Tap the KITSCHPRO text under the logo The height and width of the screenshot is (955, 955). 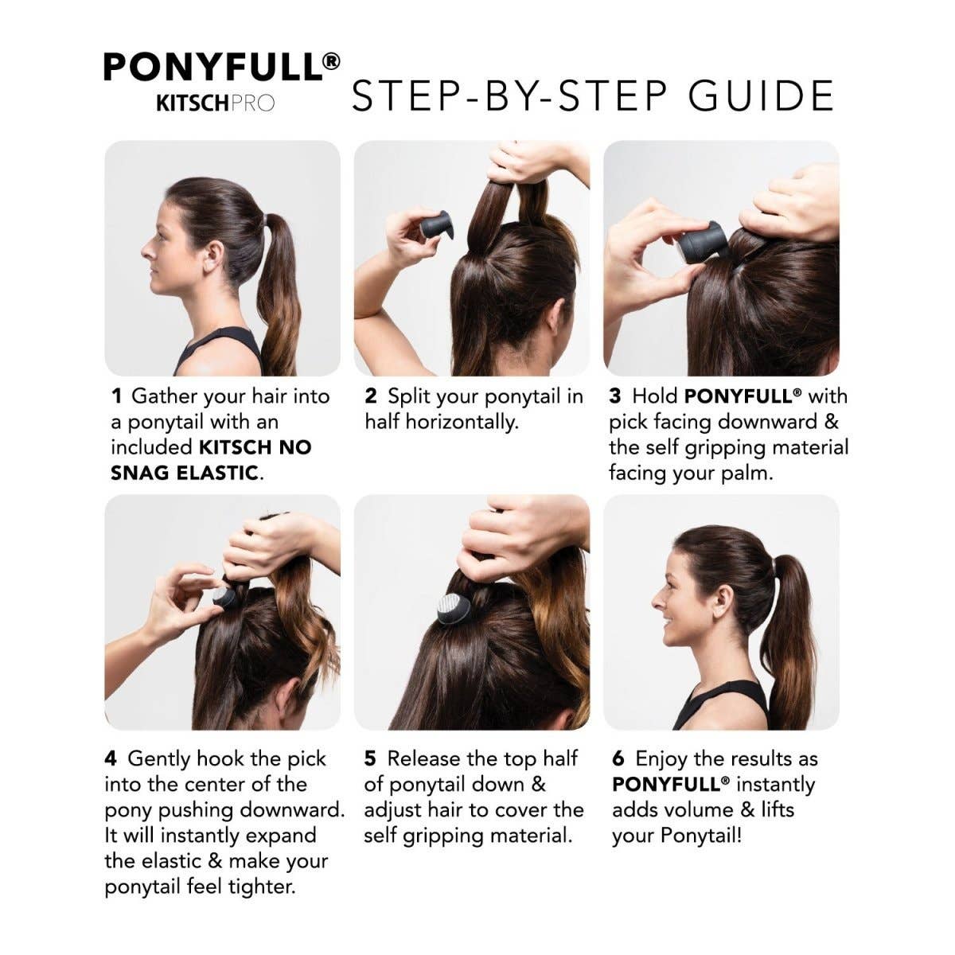[215, 103]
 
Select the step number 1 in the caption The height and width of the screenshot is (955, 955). [116, 396]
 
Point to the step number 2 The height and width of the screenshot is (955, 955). [370, 396]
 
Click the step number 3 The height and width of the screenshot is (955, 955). [614, 396]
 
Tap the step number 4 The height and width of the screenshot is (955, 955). [111, 759]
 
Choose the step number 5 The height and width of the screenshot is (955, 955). [370, 759]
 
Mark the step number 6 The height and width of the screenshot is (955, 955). [618, 759]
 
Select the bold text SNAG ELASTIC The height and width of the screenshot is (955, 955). [184, 473]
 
